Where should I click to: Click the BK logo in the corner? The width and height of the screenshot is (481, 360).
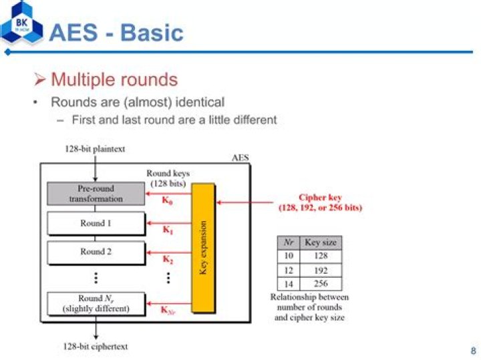click(21, 22)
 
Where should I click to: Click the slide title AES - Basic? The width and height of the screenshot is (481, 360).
click(116, 32)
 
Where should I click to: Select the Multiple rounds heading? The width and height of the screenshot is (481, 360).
click(114, 79)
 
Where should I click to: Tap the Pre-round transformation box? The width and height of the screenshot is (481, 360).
click(96, 194)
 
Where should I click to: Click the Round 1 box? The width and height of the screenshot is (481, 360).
click(96, 223)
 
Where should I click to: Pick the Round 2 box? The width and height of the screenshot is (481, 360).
click(96, 252)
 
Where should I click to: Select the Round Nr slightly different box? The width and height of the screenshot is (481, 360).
click(96, 303)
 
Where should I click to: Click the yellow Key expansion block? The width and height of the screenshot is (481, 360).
click(203, 248)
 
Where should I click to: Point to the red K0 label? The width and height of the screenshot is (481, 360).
click(167, 200)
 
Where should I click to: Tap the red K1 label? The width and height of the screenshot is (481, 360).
click(168, 230)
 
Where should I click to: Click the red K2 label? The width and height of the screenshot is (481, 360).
click(168, 259)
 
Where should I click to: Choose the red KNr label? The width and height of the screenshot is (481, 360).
click(168, 310)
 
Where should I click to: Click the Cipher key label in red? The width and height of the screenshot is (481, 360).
click(320, 202)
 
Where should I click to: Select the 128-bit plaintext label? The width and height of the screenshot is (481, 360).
click(95, 149)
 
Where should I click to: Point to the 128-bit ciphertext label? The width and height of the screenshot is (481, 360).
click(96, 347)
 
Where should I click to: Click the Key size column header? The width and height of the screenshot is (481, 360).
click(321, 242)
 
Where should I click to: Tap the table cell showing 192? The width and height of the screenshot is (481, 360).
click(321, 271)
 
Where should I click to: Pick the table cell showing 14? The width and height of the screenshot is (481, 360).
click(289, 284)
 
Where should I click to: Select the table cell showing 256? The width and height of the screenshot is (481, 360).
click(321, 284)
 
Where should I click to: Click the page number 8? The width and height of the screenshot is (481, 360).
click(474, 350)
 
